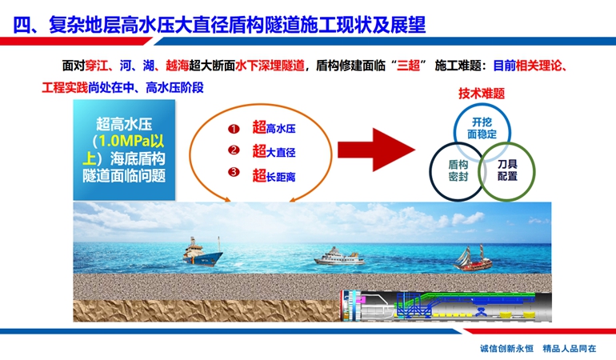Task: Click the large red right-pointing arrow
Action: [376, 150]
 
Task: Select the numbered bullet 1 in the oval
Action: [234, 129]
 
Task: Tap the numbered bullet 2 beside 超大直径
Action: [234, 150]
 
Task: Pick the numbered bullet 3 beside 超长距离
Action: [234, 172]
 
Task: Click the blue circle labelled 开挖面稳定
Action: [455, 130]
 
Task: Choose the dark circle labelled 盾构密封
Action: [431, 172]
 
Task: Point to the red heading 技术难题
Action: [482, 94]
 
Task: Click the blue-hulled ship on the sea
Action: [202, 254]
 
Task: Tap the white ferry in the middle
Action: [339, 257]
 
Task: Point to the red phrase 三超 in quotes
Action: [409, 66]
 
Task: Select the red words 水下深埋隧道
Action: [270, 66]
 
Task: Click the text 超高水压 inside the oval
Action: [274, 128]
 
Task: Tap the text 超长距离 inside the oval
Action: [274, 176]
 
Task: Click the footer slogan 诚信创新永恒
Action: [506, 348]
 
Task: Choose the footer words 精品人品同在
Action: [570, 348]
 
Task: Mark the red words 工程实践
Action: [65, 87]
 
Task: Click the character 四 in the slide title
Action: [22, 25]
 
